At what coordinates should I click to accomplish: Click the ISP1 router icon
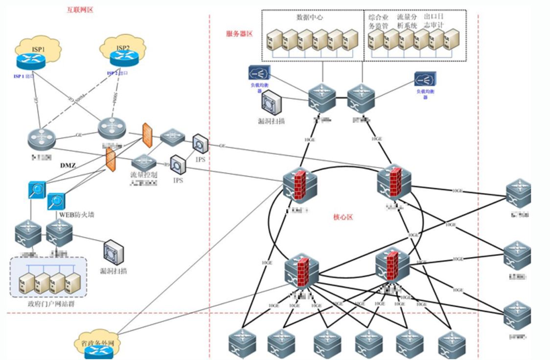tap(30, 61)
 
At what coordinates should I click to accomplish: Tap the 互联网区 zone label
tap(80, 10)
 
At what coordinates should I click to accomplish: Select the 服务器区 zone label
tap(239, 33)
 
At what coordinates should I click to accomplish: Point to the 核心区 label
tap(343, 216)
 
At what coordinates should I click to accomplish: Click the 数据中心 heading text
tap(310, 18)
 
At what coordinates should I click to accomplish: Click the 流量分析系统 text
tap(407, 21)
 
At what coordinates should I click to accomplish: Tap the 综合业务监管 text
tap(378, 21)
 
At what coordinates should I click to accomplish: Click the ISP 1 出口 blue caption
tap(25, 76)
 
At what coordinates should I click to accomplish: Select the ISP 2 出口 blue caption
tap(118, 73)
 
